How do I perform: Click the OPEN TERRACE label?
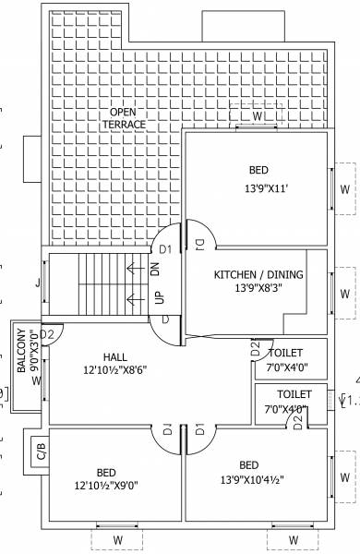tap(124, 116)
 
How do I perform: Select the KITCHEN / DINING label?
tap(258, 275)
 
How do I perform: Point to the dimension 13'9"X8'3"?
tap(258, 289)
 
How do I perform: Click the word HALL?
tap(115, 356)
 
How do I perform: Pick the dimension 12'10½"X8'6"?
tap(115, 370)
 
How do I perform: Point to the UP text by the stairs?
tap(159, 298)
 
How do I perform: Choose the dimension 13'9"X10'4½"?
tap(249, 478)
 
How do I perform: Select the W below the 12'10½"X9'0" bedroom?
tap(118, 538)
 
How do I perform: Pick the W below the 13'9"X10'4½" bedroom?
tap(294, 538)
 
